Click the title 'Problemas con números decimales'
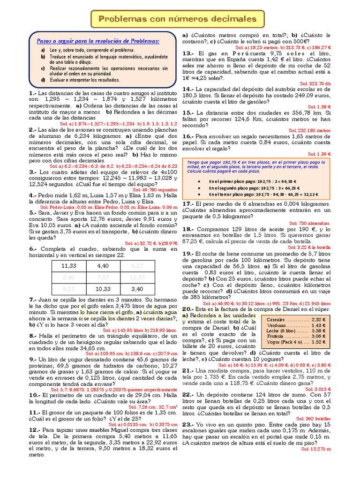[x=178, y=19]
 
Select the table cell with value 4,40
[x=103, y=266]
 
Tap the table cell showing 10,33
[x=103, y=289]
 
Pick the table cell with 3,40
[x=137, y=289]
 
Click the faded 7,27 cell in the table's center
[x=103, y=277]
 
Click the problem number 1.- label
[x=33, y=93]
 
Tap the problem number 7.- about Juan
[x=33, y=300]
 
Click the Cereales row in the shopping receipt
[x=295, y=319]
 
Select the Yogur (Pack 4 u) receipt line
[x=295, y=342]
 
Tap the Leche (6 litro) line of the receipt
[x=295, y=330]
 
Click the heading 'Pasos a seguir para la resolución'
[x=98, y=41]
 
